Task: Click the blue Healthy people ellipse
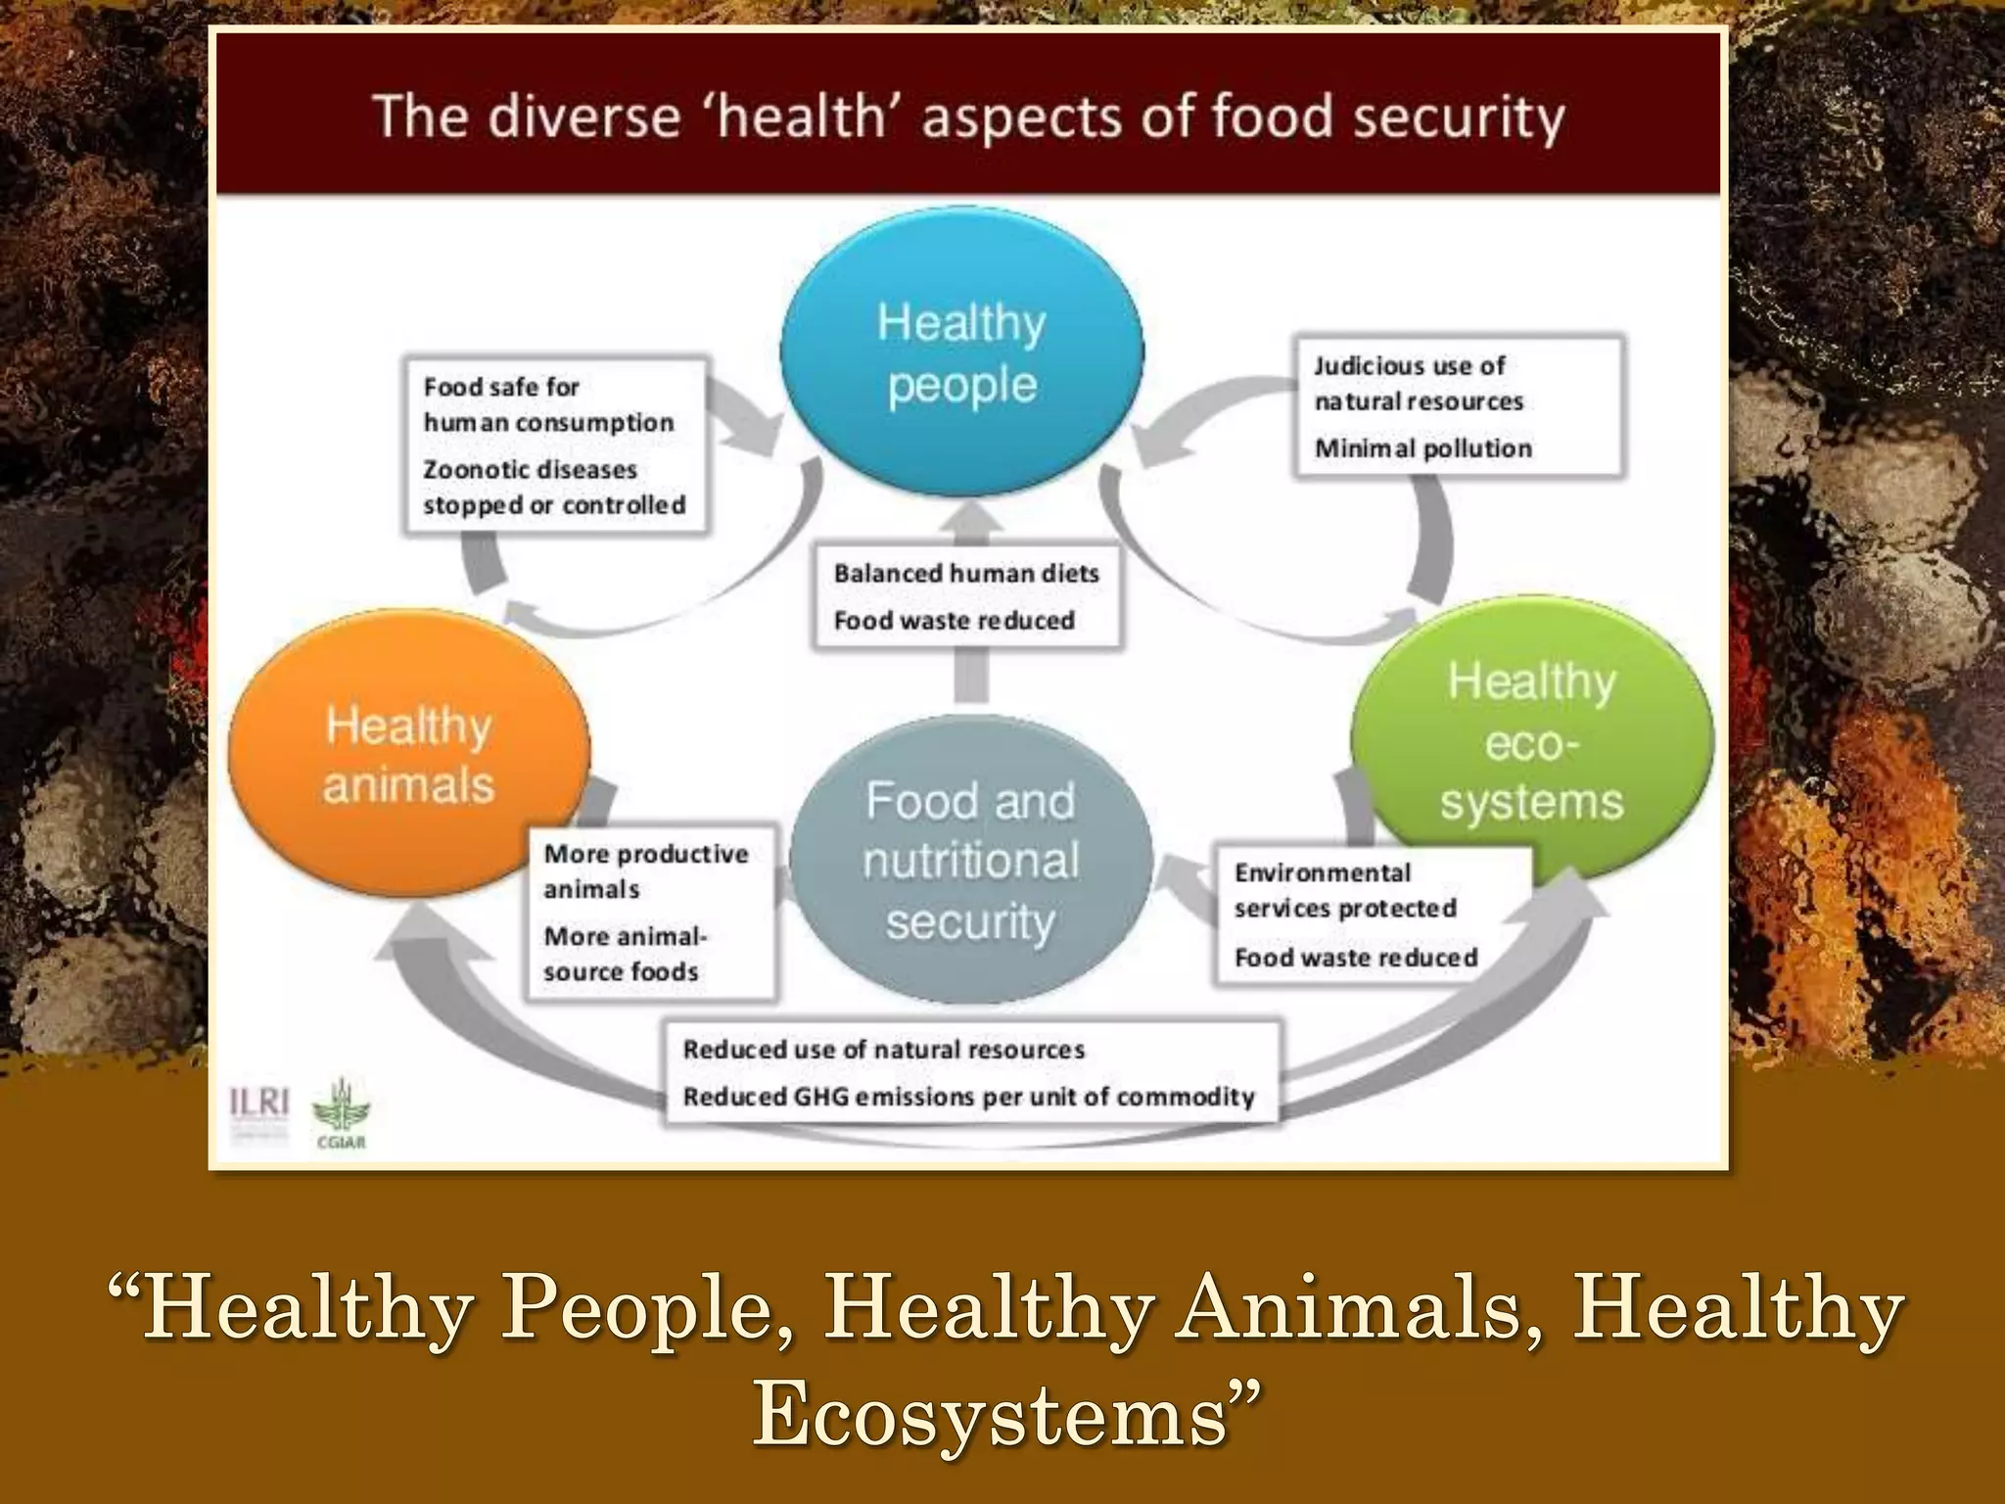[961, 352]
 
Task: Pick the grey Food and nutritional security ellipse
[970, 862]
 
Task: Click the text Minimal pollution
[1422, 448]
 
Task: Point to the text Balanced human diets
[966, 574]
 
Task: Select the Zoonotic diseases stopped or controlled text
[554, 488]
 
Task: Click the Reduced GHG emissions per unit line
[968, 1097]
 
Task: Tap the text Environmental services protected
[1345, 891]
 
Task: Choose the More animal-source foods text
[625, 954]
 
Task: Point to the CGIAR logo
[341, 1114]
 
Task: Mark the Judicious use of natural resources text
[1419, 384]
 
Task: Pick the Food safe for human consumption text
[548, 404]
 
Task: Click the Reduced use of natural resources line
[883, 1050]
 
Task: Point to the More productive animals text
[645, 871]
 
